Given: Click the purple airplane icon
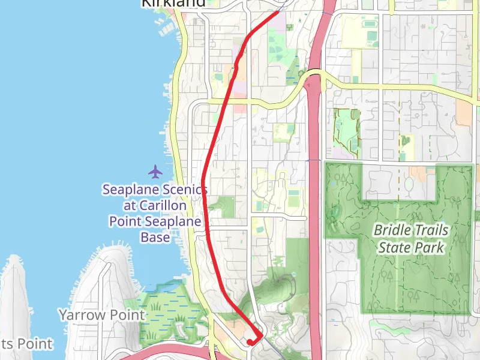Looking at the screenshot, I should tap(156, 172).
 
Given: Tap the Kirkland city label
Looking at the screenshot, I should tap(173, 3).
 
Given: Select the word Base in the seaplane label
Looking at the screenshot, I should tap(155, 237).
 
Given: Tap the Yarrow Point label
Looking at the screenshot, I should tap(101, 314).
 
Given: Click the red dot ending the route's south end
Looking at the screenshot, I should tap(250, 343).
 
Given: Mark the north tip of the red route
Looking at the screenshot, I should tap(280, 11).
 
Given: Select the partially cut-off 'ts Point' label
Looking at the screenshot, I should tap(26, 344).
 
